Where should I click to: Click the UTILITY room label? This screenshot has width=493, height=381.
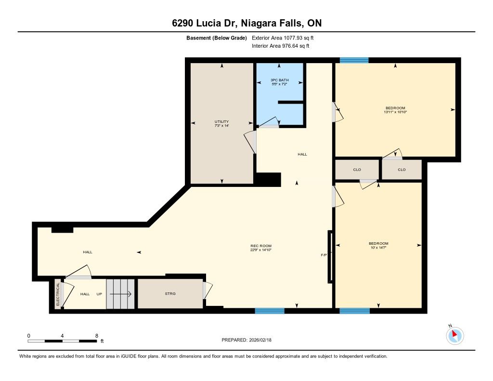(x=221, y=121)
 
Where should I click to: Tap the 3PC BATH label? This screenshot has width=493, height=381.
(x=280, y=80)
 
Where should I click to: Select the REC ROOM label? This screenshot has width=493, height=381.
(x=261, y=246)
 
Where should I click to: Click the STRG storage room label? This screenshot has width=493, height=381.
(x=170, y=293)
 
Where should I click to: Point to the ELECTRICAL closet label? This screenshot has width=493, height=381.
(x=58, y=294)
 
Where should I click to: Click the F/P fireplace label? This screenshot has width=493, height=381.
(x=324, y=255)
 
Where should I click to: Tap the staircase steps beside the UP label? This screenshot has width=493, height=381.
(x=120, y=294)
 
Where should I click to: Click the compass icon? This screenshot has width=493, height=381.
(x=454, y=335)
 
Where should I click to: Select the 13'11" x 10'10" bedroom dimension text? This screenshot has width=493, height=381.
(x=395, y=112)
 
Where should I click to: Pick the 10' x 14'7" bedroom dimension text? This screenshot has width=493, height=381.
(x=378, y=247)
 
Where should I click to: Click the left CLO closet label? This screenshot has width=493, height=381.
(x=357, y=170)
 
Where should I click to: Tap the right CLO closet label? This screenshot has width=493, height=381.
(x=402, y=170)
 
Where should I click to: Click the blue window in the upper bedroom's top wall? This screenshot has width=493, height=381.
(x=354, y=60)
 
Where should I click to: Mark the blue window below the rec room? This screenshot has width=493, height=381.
(x=270, y=311)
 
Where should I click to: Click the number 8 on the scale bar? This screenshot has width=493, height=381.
(x=96, y=336)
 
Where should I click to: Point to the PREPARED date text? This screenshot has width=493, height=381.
(x=246, y=340)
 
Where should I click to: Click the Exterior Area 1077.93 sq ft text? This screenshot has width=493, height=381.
(x=283, y=38)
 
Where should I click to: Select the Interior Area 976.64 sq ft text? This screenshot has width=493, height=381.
(x=281, y=46)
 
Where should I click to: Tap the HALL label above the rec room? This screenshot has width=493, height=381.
(x=302, y=154)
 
